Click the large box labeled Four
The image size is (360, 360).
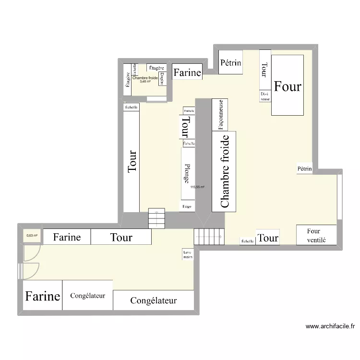[288, 85]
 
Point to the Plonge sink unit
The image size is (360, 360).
[188, 173]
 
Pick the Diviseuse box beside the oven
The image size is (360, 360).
[265, 96]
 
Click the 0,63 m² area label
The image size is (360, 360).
[32, 236]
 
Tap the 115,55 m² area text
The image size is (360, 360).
[197, 187]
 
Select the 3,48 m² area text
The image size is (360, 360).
[145, 82]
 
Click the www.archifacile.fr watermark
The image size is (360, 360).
[330, 326]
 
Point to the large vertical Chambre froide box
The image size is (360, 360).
[224, 171]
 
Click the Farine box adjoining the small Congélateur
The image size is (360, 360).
[43, 296]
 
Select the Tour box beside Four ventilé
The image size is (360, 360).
[267, 238]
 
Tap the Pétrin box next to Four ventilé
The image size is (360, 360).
[304, 169]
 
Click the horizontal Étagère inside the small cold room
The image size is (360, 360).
[157, 68]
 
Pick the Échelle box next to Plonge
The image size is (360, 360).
[189, 144]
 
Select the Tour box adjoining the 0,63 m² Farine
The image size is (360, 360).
[121, 237]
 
